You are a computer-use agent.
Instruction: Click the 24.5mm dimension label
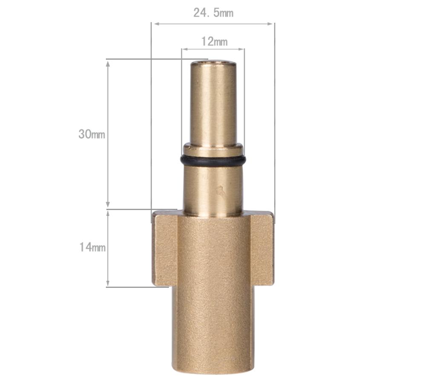click(213, 13)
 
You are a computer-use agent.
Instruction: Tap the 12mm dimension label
click(214, 41)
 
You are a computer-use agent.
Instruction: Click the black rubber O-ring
click(213, 161)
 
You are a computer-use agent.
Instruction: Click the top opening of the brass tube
click(213, 63)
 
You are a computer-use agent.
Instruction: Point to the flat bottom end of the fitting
click(213, 370)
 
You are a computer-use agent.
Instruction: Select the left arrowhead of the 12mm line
click(184, 49)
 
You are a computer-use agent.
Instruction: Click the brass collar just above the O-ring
click(213, 149)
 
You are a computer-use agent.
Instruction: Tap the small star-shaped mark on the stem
click(220, 191)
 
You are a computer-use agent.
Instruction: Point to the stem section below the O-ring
click(213, 188)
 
